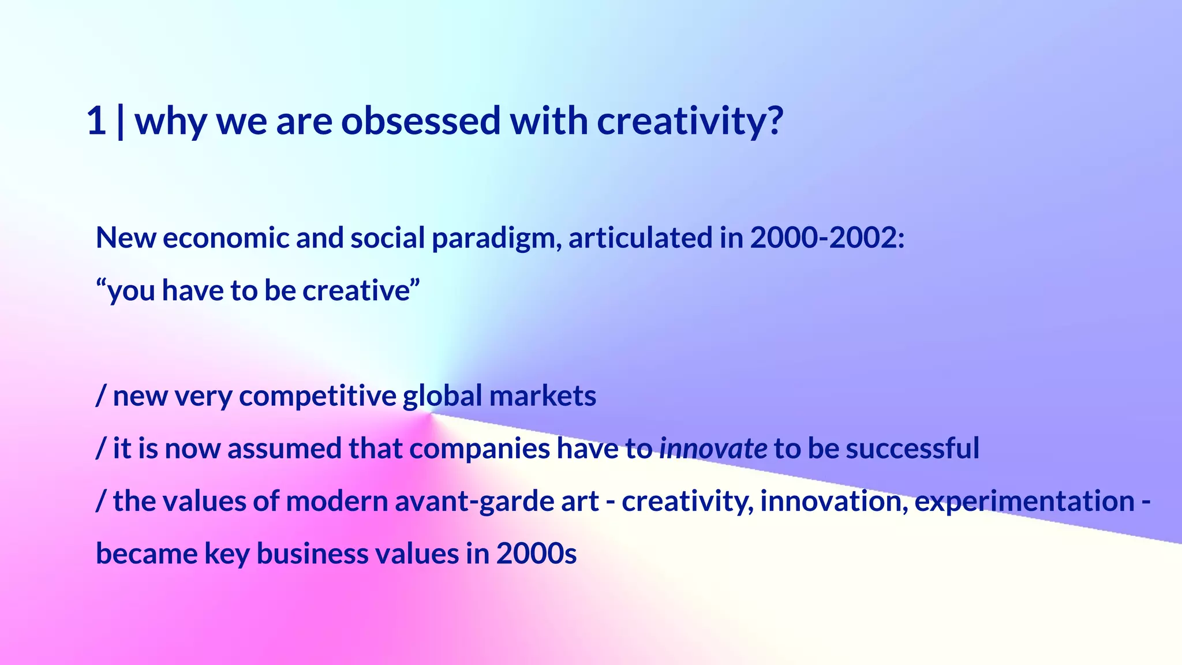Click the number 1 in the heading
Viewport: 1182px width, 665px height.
click(97, 121)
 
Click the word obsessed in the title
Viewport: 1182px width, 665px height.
click(421, 121)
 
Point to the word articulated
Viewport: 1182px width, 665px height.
click(640, 238)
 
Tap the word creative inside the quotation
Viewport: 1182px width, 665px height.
click(356, 290)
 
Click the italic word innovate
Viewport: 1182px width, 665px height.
click(713, 449)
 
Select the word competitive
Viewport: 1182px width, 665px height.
click(317, 397)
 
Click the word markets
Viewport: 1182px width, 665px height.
click(543, 396)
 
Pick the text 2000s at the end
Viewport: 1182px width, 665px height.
click(536, 554)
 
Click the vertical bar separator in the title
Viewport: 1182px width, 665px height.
click(120, 121)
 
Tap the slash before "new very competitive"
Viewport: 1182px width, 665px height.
click(101, 396)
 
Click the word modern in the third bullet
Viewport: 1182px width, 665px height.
click(336, 501)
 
